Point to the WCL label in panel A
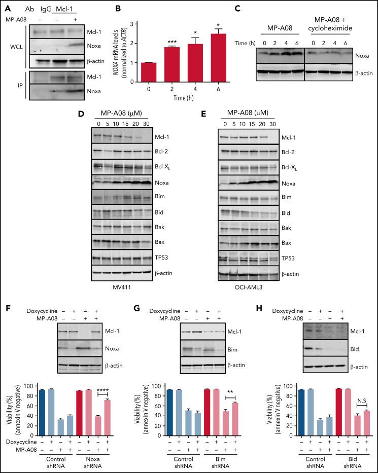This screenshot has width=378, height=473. [x=13, y=50]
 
